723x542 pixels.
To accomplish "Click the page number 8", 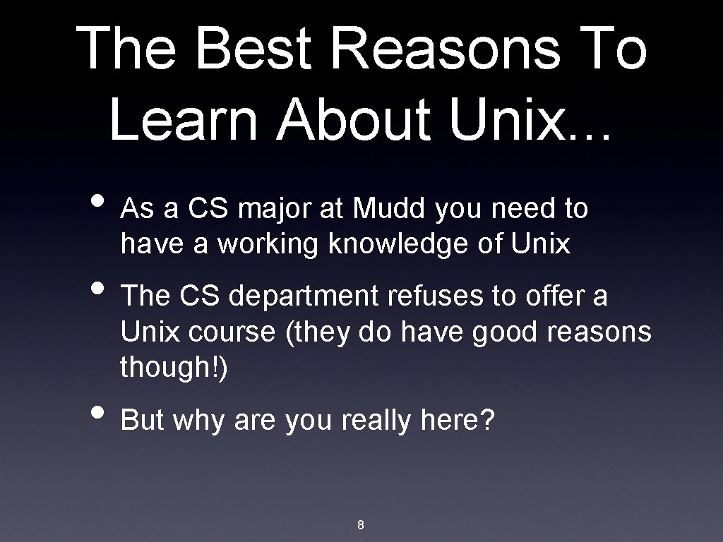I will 361,524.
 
